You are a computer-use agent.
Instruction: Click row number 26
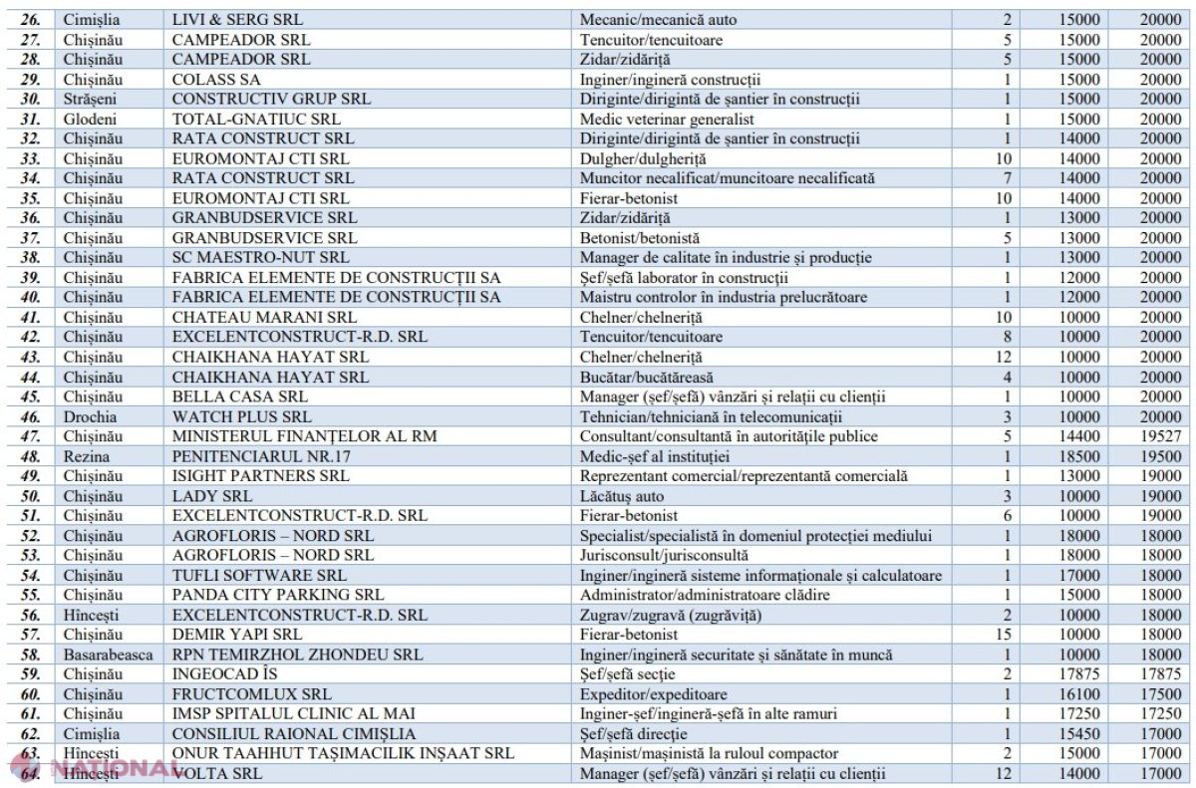31,20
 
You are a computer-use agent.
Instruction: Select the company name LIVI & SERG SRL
237,20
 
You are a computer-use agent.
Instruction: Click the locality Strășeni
90,100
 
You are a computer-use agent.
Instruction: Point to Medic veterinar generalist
667,119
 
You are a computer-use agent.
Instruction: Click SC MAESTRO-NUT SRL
260,257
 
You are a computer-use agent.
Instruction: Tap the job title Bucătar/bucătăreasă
647,378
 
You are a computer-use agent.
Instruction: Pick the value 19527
1161,436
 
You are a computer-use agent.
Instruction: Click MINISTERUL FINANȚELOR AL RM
304,436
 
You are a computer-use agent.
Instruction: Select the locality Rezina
87,456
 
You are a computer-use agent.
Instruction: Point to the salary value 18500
1079,456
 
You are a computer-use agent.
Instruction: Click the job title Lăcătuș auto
622,496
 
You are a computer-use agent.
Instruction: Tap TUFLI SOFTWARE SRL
259,575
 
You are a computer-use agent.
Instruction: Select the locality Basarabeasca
109,655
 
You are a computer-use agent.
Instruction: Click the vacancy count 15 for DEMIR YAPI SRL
1004,635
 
